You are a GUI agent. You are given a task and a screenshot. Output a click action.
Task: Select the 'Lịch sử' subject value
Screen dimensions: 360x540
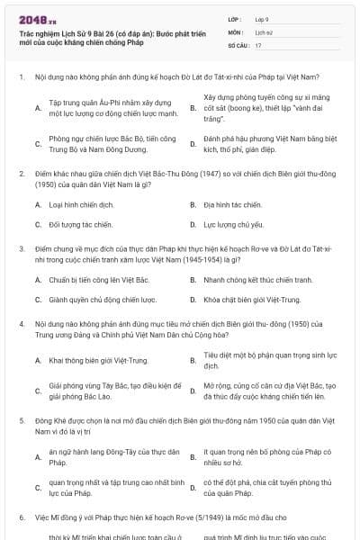pyautogui.click(x=264, y=31)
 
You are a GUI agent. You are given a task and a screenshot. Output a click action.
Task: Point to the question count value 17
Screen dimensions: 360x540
pyautogui.click(x=258, y=44)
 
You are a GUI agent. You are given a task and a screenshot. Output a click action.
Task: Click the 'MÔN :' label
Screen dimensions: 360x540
pyautogui.click(x=237, y=31)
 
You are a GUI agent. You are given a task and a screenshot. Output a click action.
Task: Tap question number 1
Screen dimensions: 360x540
pyautogui.click(x=21, y=77)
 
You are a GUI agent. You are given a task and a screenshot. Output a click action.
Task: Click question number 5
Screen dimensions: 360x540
pyautogui.click(x=21, y=420)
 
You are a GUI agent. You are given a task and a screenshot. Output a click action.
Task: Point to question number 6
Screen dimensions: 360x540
pyautogui.click(x=21, y=519)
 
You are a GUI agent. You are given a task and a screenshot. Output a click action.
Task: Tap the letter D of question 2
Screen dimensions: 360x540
pyautogui.click(x=192, y=223)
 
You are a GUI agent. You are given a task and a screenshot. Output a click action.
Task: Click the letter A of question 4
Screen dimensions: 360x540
pyautogui.click(x=38, y=361)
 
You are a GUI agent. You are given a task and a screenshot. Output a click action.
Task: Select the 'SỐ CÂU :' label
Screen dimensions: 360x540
pyautogui.click(x=239, y=44)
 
